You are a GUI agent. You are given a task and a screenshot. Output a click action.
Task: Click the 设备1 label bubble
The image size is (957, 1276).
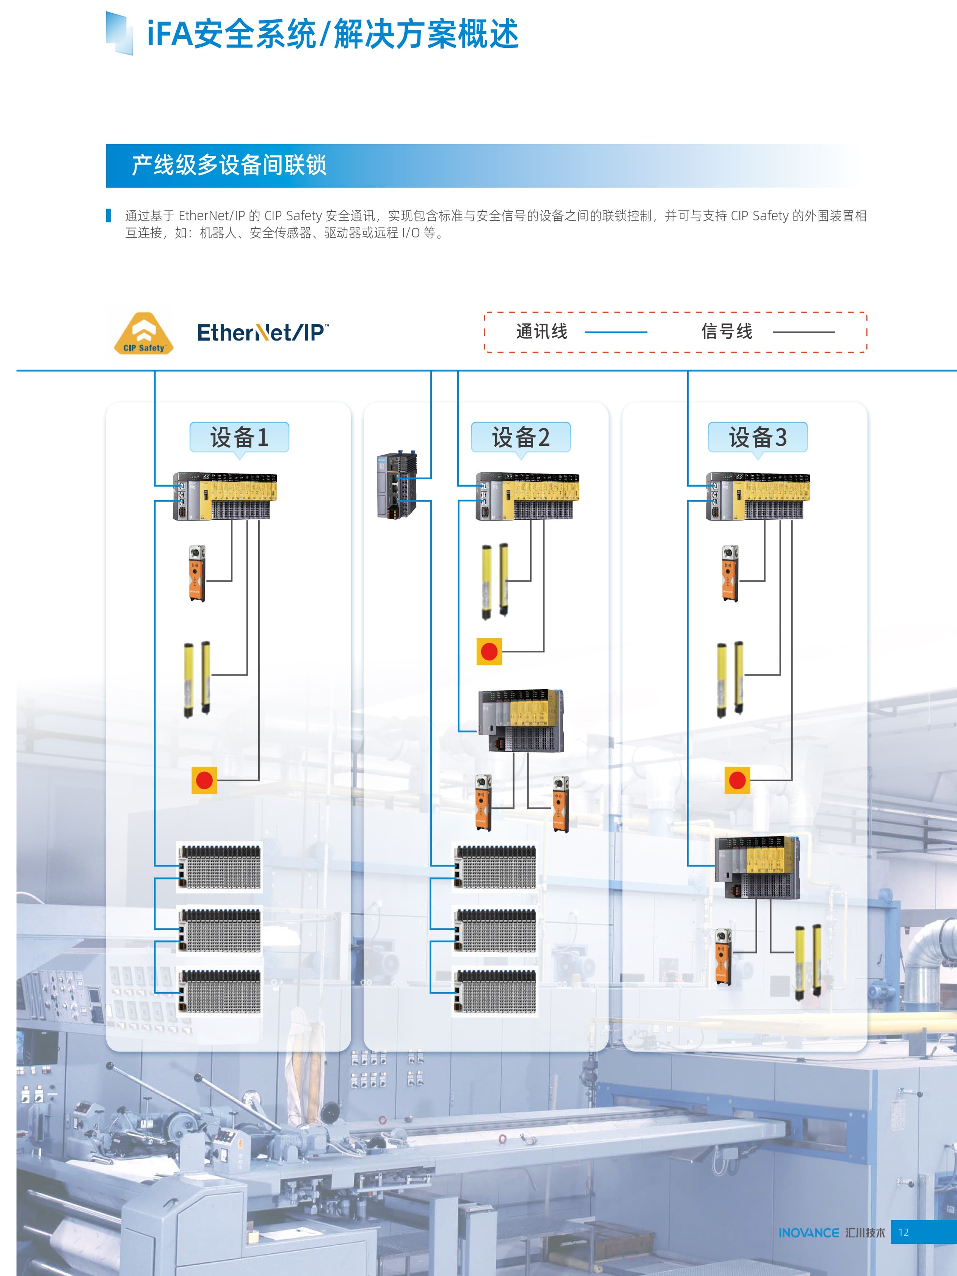(239, 437)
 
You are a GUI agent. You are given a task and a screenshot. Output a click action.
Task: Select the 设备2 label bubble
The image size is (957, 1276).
(520, 437)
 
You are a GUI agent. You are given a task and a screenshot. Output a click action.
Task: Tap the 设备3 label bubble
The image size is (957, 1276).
(758, 437)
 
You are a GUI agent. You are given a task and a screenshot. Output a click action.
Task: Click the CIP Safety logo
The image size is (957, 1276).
(143, 334)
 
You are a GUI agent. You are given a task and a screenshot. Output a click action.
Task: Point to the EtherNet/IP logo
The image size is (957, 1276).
(262, 333)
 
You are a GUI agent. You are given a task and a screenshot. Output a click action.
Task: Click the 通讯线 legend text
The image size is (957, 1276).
(542, 332)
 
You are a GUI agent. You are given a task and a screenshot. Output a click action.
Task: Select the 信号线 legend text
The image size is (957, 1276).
(727, 332)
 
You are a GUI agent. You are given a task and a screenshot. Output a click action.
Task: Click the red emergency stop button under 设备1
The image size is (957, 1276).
(204, 781)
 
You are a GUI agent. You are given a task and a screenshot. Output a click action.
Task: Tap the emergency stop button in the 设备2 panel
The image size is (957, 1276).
(489, 652)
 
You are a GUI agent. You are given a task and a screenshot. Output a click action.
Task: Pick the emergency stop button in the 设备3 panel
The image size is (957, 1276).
(737, 781)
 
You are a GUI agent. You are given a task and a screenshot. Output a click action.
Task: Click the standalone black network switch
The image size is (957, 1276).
(396, 486)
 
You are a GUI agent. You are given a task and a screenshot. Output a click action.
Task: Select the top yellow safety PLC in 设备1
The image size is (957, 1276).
(225, 496)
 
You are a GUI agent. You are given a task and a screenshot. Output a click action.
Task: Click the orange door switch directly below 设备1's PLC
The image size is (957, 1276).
(197, 574)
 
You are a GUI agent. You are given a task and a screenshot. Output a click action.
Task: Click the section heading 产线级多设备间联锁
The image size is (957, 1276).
(229, 166)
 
